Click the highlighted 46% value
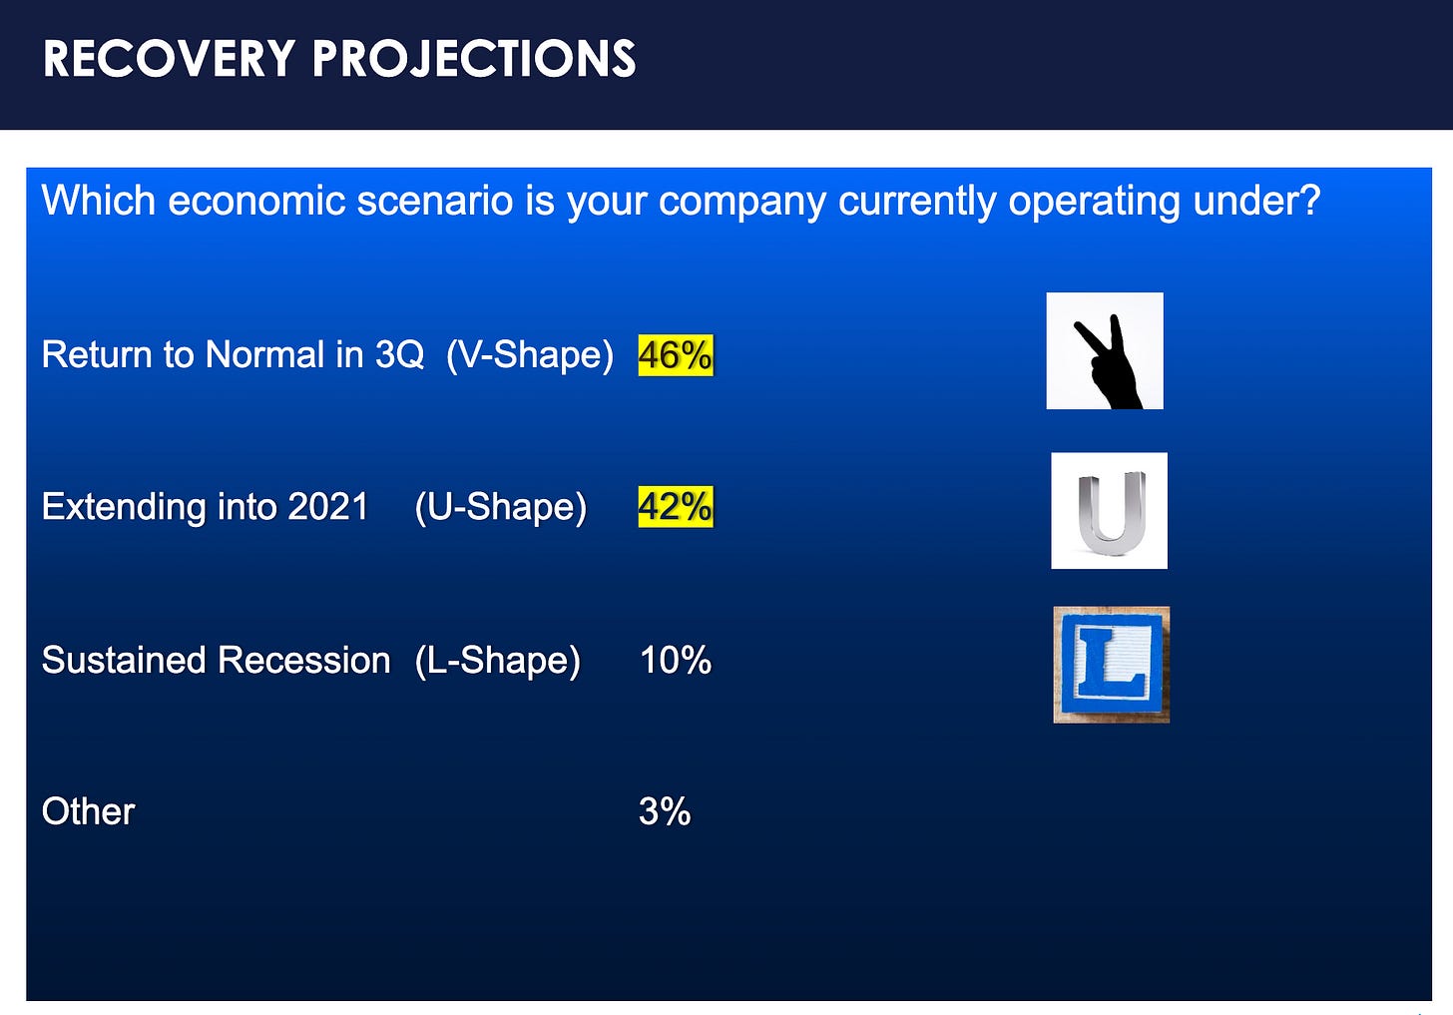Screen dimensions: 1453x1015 [676, 354]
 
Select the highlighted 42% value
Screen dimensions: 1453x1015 [676, 507]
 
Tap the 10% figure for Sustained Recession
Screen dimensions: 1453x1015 [676, 661]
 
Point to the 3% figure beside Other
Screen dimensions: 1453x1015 [665, 811]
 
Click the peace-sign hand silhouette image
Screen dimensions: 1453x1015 [1105, 351]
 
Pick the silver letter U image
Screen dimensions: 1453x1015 [1110, 510]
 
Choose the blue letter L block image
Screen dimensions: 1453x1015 [1112, 665]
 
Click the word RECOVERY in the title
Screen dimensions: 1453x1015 [170, 59]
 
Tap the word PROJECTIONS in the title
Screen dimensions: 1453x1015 [474, 59]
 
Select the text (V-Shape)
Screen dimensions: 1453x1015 [530, 355]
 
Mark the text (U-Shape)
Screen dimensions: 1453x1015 [501, 507]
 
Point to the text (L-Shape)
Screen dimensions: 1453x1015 [498, 661]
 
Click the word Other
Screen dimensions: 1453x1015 [88, 811]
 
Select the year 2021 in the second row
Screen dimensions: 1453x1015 [328, 507]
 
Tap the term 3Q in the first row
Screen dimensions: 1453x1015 [399, 354]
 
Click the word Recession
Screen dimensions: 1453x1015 [304, 661]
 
